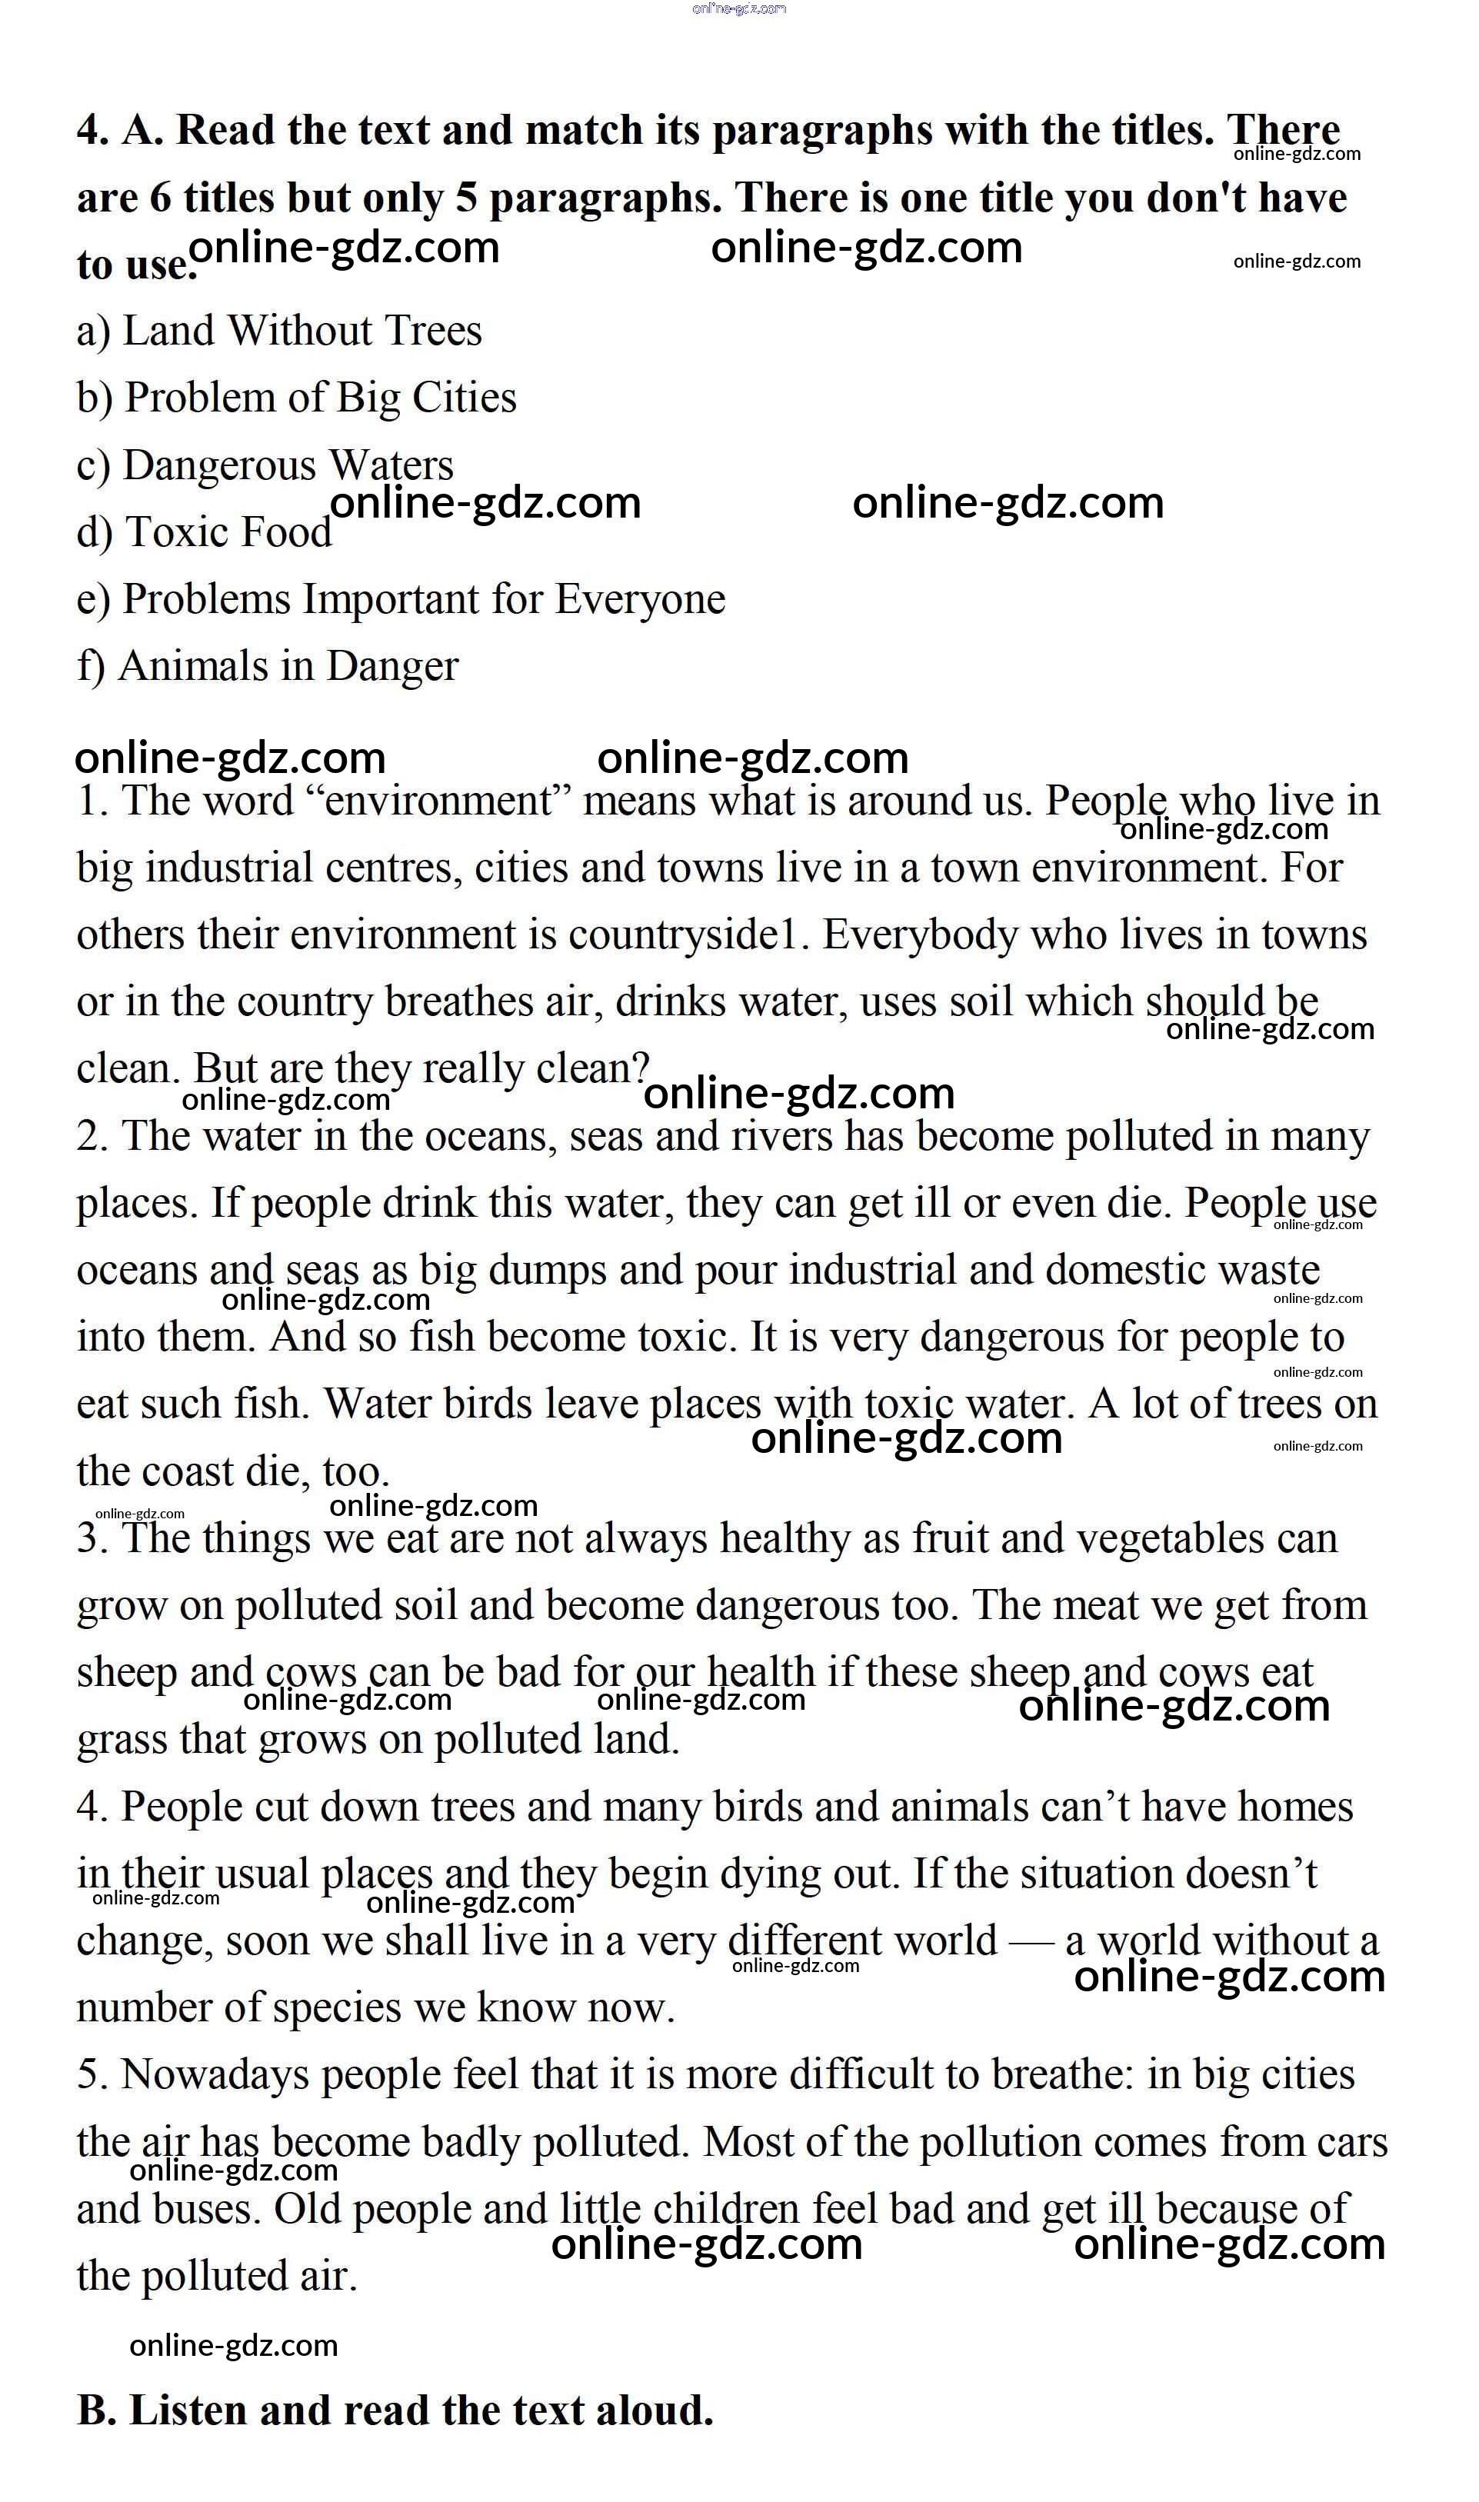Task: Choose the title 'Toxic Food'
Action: tap(228, 532)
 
